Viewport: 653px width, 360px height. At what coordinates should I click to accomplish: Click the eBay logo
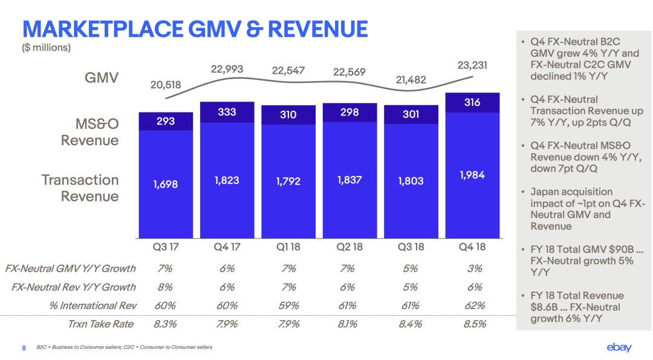619,347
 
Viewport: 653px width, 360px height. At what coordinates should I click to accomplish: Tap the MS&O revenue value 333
227,112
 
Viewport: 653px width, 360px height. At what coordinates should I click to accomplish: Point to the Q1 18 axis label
288,247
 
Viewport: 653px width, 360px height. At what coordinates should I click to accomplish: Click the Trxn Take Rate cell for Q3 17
165,324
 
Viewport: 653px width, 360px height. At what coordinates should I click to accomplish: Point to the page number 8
24,348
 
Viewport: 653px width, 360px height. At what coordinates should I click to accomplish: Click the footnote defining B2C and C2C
124,347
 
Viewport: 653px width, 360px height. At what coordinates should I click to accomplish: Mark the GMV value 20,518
166,85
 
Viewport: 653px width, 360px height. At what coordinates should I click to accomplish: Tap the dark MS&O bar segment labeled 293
166,121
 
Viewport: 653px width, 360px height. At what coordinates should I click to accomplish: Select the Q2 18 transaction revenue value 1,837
350,180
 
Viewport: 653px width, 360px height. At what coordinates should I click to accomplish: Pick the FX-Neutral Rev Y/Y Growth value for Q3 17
165,287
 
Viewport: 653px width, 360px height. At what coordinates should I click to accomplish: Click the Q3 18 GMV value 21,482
411,79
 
